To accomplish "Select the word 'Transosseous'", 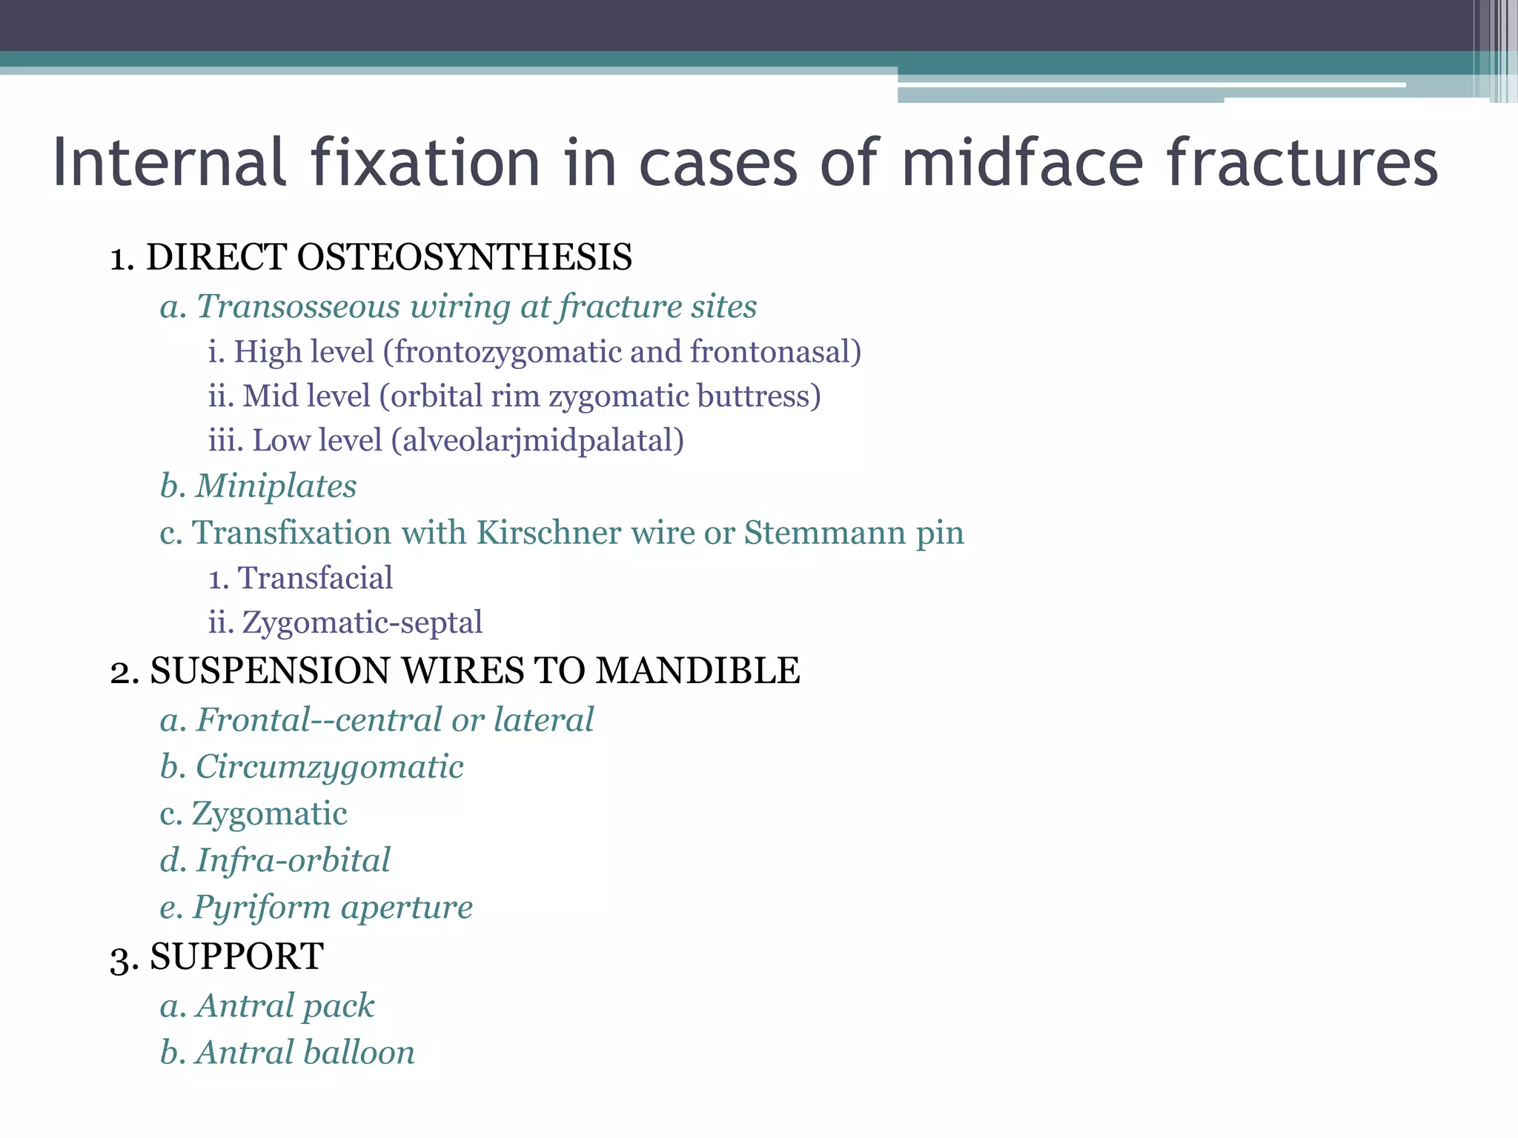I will point(298,307).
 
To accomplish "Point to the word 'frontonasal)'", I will point(776,352).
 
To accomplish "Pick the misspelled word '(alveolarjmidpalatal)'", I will point(538,441).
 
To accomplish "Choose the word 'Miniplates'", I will point(276,487).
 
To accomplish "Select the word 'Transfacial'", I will point(315,578).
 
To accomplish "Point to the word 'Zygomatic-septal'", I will point(362,622).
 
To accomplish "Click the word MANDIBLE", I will point(697,671).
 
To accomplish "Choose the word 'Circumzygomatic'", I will point(329,767).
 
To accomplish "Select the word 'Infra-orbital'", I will point(293,860).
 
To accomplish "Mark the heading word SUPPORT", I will point(236,956).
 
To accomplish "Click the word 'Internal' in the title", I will point(170,162).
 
